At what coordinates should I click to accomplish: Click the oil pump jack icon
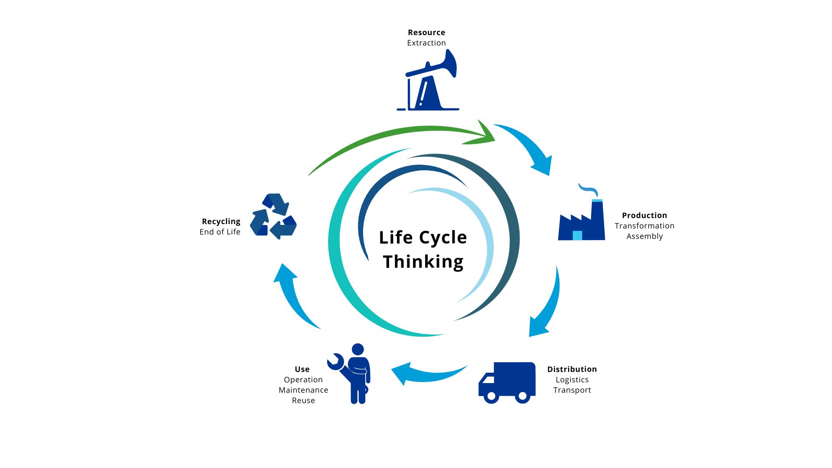(429, 84)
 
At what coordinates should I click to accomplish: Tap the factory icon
(582, 221)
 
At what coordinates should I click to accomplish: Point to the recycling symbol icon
(273, 216)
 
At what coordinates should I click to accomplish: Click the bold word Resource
(426, 32)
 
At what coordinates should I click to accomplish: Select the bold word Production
(644, 215)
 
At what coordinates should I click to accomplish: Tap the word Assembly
(644, 236)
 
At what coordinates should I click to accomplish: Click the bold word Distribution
(572, 369)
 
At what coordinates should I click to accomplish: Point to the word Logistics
(572, 380)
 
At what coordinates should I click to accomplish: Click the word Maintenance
(303, 390)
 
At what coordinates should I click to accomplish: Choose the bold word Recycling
(221, 221)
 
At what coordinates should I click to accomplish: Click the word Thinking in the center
(423, 262)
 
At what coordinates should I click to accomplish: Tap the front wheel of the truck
(491, 396)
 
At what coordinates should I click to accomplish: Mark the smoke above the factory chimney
(588, 188)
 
